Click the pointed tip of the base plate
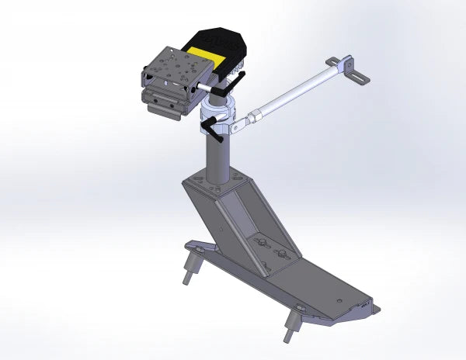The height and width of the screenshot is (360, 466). tap(376, 310)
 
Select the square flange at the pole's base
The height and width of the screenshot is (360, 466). tap(217, 184)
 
